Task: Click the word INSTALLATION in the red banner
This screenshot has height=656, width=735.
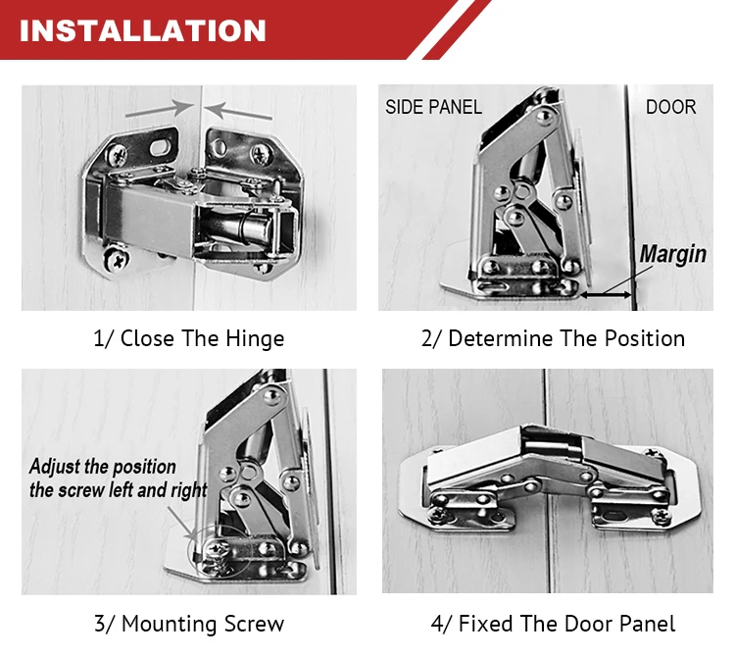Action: [x=142, y=31]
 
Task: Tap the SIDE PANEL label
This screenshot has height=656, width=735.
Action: [x=433, y=108]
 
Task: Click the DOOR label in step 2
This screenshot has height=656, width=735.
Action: [x=670, y=108]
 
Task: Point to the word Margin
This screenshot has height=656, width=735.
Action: [x=672, y=255]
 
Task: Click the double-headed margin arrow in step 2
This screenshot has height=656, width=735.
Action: [x=606, y=295]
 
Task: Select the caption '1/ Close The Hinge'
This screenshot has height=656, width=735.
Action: [x=189, y=338]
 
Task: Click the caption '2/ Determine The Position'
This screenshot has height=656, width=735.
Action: [x=553, y=338]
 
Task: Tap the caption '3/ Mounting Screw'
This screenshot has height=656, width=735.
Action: [x=189, y=624]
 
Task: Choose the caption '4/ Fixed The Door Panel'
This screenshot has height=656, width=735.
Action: [x=553, y=624]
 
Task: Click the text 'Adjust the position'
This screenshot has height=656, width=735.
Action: [x=103, y=467]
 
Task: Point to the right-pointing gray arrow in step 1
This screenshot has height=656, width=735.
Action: [x=160, y=109]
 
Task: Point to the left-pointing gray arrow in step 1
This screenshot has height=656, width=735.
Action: [x=238, y=111]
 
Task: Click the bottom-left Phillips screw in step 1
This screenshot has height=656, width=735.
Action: [x=116, y=259]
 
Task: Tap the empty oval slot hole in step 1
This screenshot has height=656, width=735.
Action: [x=160, y=147]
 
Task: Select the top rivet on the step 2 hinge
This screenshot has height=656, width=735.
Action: [x=544, y=116]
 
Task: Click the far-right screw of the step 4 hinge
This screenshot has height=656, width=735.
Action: [x=662, y=516]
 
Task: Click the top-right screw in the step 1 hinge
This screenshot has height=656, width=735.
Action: [x=260, y=153]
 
